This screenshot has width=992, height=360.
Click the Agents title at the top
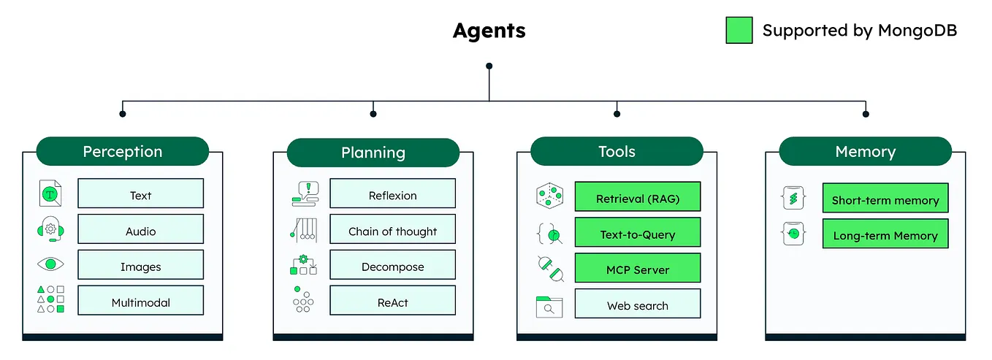(x=489, y=31)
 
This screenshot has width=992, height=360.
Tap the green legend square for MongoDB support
(x=739, y=30)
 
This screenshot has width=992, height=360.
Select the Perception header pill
(x=123, y=151)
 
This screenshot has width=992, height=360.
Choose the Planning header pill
(x=373, y=153)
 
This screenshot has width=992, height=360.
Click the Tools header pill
(x=617, y=151)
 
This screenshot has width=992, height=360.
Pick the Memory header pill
(x=865, y=151)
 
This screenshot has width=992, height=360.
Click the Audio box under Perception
(x=140, y=231)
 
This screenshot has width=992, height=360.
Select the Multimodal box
(x=140, y=302)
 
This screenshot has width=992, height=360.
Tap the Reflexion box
(x=392, y=195)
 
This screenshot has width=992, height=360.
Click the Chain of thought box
(x=392, y=231)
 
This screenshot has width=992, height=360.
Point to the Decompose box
(x=392, y=267)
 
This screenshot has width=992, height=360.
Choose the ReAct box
(x=392, y=302)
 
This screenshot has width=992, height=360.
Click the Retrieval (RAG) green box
(x=637, y=198)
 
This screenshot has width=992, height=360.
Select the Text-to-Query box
(x=637, y=234)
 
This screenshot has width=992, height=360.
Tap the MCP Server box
(x=637, y=269)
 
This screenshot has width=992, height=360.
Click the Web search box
(x=637, y=305)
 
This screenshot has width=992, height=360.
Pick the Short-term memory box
(x=885, y=199)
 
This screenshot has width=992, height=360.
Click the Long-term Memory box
(x=885, y=235)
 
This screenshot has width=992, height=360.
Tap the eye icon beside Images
(x=50, y=264)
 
